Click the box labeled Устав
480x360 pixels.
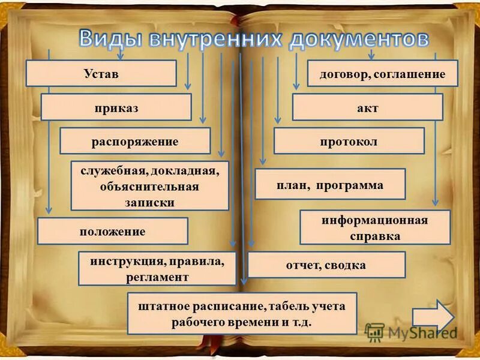pos(101,73)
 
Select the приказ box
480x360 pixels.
pos(116,107)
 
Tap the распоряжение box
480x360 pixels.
pos(135,142)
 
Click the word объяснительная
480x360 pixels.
pos(149,186)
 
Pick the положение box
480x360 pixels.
pos(112,231)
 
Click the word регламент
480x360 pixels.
pos(157,277)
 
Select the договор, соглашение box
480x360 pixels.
pos(383,74)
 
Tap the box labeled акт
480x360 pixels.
pos(367,108)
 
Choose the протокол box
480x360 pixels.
pos(349,142)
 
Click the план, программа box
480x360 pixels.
pos(330,185)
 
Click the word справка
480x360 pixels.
pos(375,236)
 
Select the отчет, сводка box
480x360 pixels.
pos(326,265)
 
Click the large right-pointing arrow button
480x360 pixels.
pos(433,317)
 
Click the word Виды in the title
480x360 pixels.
pos(112,39)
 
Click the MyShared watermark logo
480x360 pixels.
pos(411,332)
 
